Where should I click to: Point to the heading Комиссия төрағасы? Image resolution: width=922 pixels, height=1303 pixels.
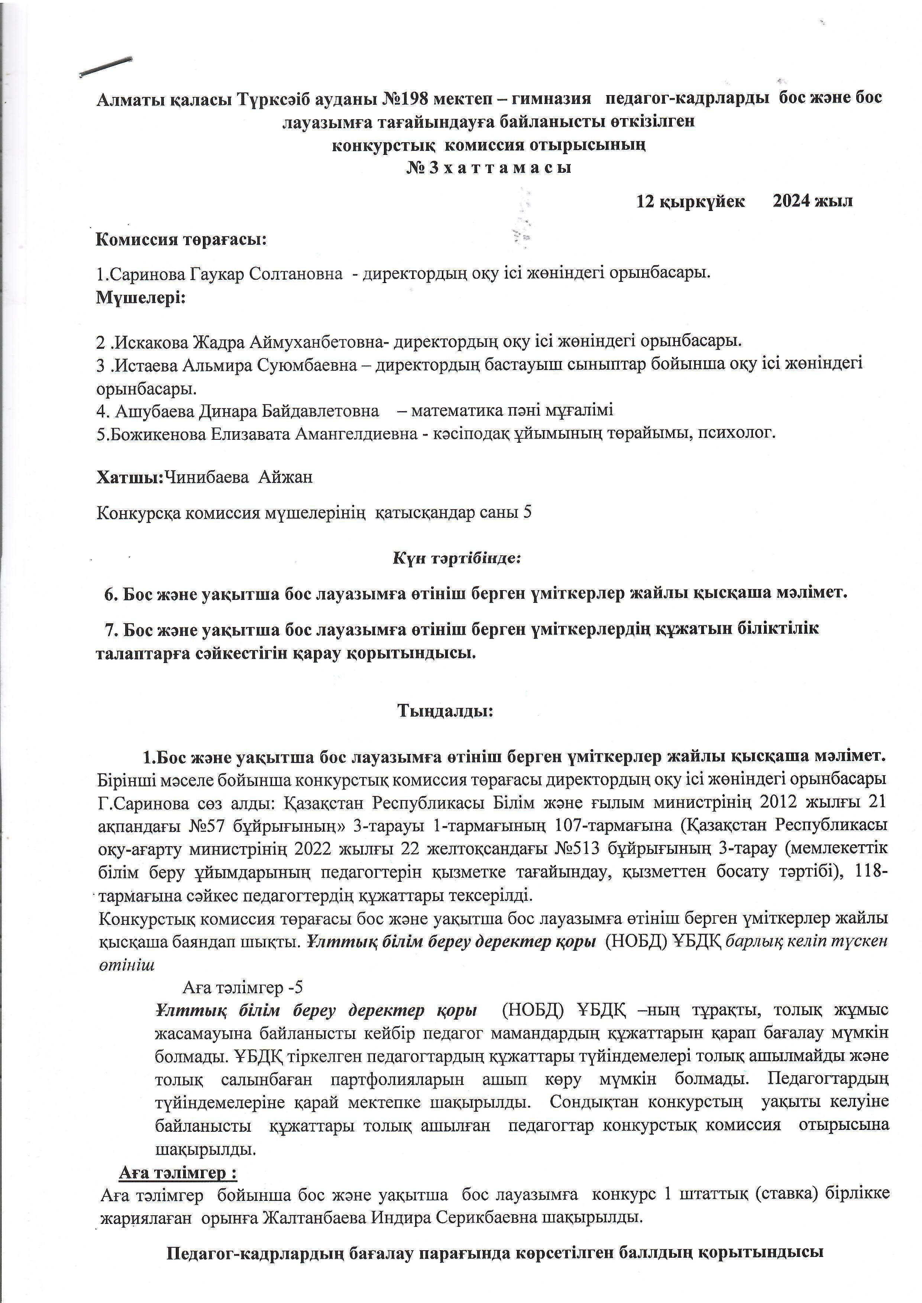pyautogui.click(x=181, y=239)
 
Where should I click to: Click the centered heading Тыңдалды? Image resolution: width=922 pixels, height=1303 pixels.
pyautogui.click(x=445, y=711)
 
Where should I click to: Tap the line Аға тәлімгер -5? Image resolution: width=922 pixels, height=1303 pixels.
pyautogui.click(x=242, y=988)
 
